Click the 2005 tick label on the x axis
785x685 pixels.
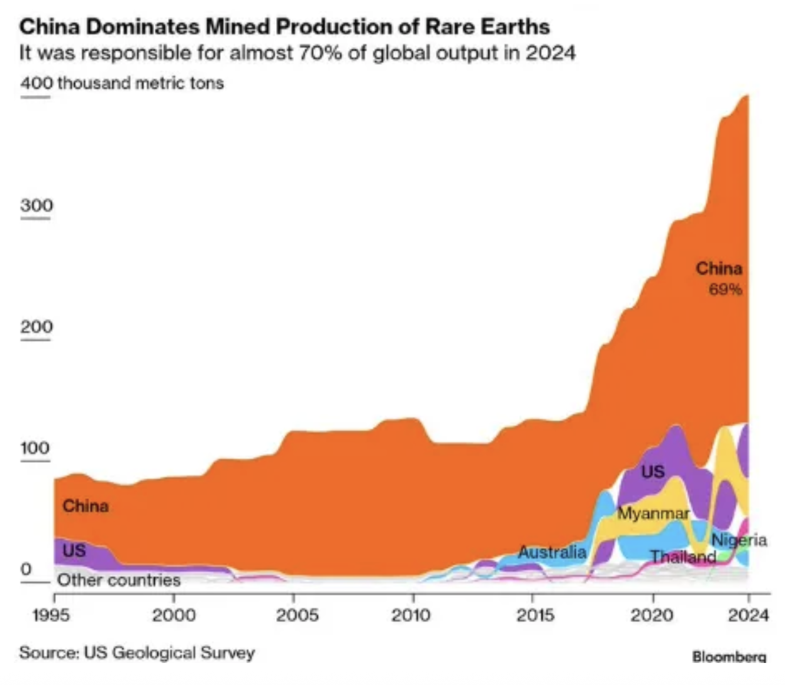298,616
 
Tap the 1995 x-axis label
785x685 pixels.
52,616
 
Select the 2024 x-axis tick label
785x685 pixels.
749,616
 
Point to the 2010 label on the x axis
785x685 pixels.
411,616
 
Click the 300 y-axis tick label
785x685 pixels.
36,205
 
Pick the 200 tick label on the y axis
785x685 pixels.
36,327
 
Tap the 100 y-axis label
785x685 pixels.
35,448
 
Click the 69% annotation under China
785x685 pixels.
725,289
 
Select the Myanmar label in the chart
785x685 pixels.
654,513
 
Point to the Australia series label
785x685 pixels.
552,552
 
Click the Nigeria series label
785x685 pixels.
739,540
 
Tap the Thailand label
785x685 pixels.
683,557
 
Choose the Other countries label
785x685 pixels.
119,580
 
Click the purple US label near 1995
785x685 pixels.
74,551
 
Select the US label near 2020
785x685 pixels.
653,472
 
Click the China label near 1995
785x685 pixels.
86,506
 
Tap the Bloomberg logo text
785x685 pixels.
729,656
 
